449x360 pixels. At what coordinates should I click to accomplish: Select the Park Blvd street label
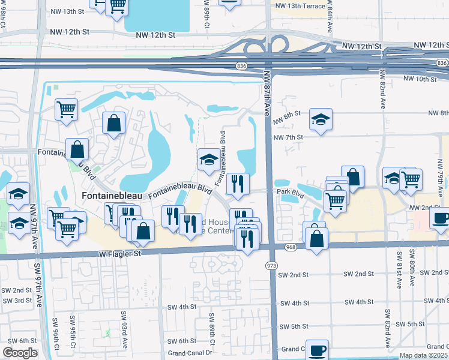pyautogui.click(x=291, y=192)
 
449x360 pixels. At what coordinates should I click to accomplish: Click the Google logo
pyautogui.click(x=20, y=353)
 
